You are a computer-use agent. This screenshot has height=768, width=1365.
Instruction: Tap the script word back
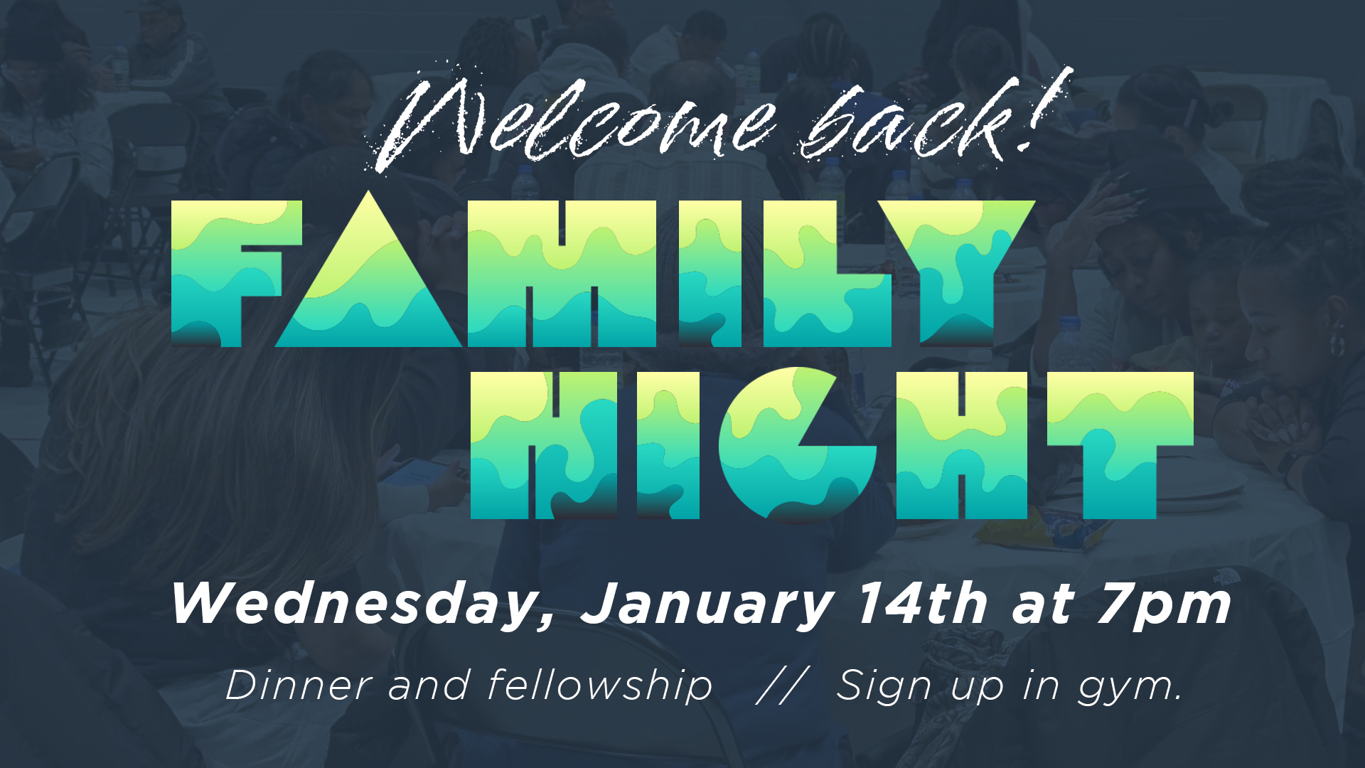coord(903,121)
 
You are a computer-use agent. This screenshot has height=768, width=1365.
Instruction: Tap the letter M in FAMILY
coord(562,274)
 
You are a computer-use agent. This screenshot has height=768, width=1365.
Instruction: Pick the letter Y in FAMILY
coord(955,274)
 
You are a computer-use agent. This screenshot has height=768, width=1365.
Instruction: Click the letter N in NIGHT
coord(544,445)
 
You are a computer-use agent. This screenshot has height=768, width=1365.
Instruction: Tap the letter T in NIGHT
coord(1120,445)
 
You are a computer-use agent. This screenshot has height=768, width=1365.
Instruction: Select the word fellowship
coord(600,686)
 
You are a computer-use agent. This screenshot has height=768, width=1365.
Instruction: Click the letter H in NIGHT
coord(962,445)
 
